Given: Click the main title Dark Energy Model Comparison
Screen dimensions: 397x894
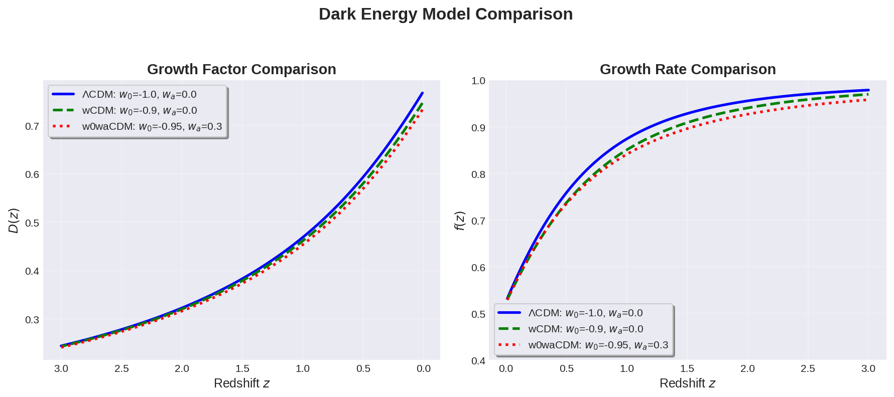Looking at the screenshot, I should coord(445,14).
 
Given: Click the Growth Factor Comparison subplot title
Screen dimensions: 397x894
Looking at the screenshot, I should coord(241,69).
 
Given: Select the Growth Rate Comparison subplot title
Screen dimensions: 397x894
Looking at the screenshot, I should coord(687,69).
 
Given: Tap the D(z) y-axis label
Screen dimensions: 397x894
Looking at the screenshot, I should coord(14,221).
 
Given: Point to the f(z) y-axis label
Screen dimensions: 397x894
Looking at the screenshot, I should coord(459,221).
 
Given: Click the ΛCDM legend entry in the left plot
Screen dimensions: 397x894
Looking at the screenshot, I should coord(139,94).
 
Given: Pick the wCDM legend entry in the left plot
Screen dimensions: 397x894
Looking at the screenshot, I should coord(139,110).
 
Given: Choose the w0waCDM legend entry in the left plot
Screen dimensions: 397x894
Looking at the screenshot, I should coord(152,126).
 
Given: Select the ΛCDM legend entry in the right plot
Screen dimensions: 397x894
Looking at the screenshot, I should coord(585,313).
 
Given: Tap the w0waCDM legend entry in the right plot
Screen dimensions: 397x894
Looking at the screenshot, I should coord(598,345).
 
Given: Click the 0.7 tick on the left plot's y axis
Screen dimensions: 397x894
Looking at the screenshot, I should coord(32,126).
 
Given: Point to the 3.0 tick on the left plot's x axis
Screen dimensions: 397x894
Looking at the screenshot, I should coord(61,368).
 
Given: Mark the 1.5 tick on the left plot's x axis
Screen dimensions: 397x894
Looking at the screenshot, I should coord(242,368).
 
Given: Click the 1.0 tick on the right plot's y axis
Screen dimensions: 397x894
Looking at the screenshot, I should coord(478,81).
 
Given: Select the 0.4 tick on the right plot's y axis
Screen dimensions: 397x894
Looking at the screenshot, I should coord(478,361).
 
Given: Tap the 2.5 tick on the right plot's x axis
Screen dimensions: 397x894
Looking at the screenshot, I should coord(808,368).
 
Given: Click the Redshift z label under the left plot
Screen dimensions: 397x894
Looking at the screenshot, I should coord(241,383).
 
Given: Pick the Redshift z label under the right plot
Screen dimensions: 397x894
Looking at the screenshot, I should coord(687,383).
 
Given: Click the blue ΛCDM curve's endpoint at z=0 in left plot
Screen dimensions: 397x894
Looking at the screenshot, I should coord(423,93).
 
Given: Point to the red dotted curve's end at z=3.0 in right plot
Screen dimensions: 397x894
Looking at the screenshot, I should coord(867,100).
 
